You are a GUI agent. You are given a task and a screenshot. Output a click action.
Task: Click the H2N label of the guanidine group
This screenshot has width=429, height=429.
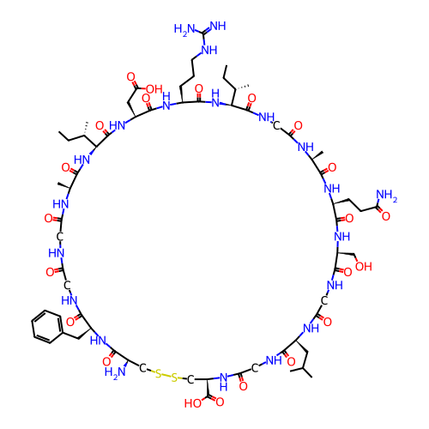(184, 29)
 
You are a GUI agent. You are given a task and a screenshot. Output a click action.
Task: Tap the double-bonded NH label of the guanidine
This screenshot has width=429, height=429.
(218, 26)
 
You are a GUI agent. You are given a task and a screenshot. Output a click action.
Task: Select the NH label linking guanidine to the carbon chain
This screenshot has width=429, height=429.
(209, 50)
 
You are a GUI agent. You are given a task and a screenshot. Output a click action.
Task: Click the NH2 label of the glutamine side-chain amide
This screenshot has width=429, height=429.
(387, 196)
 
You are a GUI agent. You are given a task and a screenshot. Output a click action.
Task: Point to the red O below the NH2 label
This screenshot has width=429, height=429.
(386, 216)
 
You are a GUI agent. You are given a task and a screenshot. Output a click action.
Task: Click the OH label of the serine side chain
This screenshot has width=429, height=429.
(364, 266)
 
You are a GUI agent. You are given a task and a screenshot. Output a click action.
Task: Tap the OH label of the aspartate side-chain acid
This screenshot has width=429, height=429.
(154, 89)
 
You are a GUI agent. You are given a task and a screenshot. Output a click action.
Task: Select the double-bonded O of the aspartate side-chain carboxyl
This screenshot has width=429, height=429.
(130, 77)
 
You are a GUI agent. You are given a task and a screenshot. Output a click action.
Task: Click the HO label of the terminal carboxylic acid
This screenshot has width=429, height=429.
(193, 403)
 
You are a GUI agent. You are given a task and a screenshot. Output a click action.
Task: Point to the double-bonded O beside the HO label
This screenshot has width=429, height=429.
(220, 402)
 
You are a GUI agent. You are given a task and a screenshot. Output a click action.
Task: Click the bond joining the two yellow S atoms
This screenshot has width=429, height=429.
(166, 376)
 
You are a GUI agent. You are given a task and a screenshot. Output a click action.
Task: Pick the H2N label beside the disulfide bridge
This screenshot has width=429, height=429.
(115, 372)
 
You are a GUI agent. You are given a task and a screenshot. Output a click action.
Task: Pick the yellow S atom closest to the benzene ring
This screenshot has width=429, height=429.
(158, 373)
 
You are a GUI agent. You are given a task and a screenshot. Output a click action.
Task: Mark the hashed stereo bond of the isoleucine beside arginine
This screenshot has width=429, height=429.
(242, 87)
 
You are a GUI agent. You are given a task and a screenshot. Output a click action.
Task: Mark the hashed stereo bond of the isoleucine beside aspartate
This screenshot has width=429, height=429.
(86, 129)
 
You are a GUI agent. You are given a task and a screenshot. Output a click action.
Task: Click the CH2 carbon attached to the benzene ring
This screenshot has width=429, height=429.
(78, 339)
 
